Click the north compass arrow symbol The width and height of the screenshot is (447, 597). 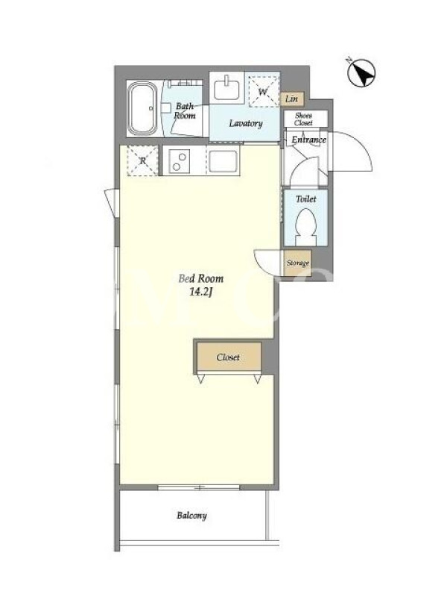click(361, 72)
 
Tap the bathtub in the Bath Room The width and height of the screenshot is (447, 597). click(142, 109)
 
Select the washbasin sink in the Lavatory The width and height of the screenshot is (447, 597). click(226, 88)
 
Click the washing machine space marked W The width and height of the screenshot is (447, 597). click(263, 91)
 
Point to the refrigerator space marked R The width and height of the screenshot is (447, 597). click(142, 160)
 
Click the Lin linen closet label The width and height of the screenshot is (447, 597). click(291, 99)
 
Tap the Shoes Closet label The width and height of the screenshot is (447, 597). click(303, 119)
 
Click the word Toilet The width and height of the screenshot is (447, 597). click(306, 199)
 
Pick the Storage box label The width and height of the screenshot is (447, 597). click(297, 263)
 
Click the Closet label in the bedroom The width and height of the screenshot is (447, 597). click(228, 357)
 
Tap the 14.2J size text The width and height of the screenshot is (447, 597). click(200, 292)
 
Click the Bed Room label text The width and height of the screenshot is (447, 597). click(200, 278)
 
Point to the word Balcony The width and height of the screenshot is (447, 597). click(191, 516)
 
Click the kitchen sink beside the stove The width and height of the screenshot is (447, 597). click(223, 162)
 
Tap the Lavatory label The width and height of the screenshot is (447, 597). click(246, 123)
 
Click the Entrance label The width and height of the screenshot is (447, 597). click(308, 140)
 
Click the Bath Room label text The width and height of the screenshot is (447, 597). click(185, 110)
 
